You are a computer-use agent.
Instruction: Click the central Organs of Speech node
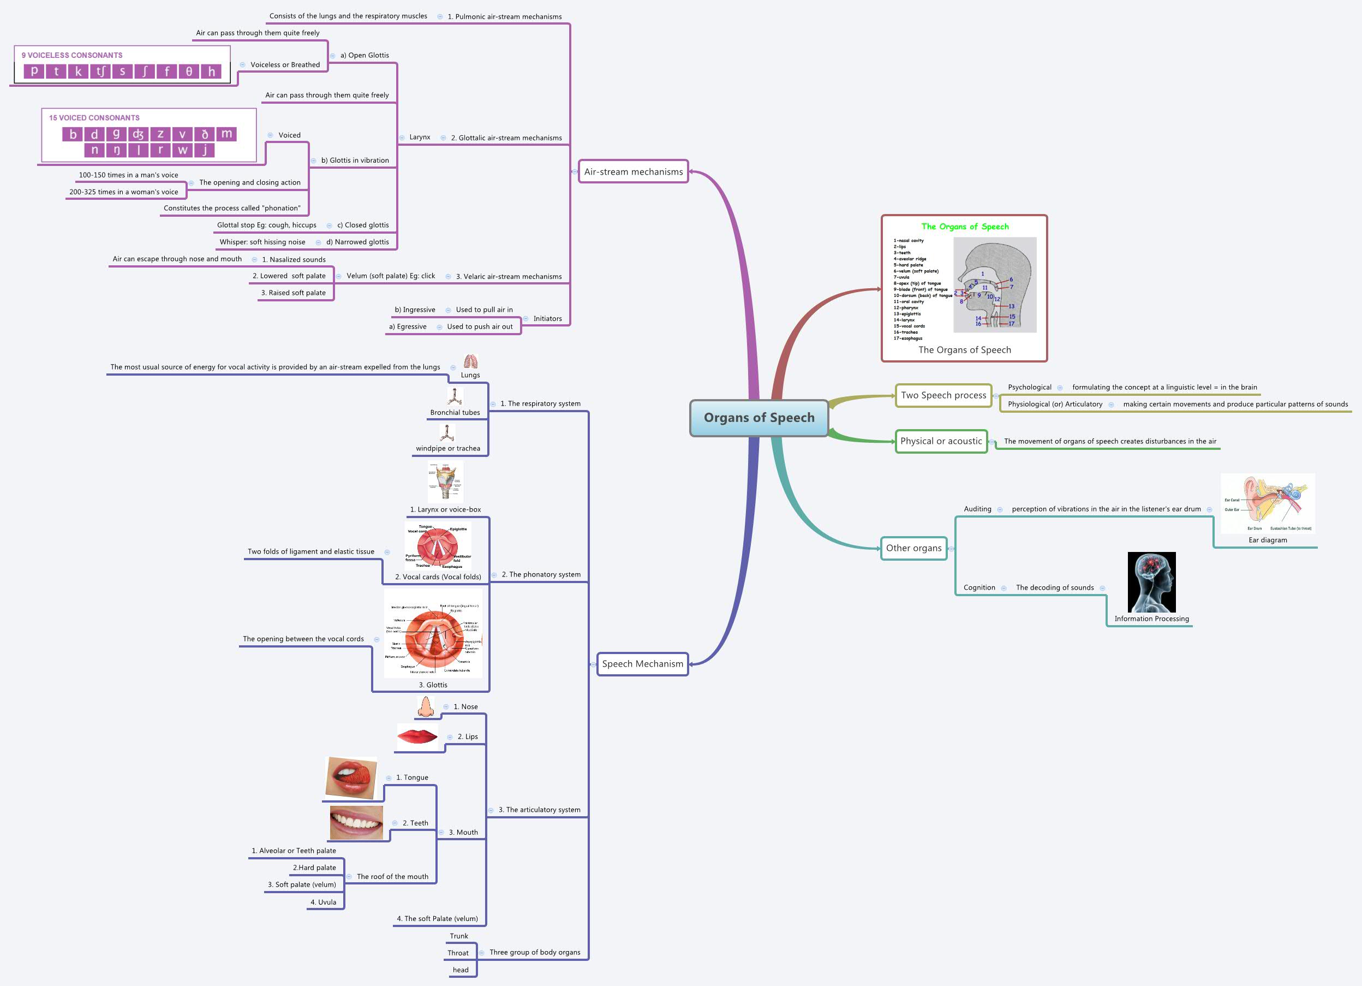(758, 418)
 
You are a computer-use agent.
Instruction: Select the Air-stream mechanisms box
(633, 172)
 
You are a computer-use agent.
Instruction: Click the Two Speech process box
(943, 395)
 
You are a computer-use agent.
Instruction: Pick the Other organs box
(913, 548)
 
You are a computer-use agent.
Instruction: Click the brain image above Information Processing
(1151, 582)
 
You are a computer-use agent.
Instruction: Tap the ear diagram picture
(1268, 503)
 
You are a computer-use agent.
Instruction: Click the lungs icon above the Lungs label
(470, 362)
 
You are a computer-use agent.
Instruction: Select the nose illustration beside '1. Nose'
(425, 707)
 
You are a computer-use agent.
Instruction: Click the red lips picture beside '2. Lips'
(417, 736)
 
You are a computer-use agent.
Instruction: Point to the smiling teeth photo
(356, 822)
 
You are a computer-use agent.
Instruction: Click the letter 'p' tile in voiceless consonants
(34, 72)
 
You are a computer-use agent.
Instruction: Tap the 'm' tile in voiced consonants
(226, 133)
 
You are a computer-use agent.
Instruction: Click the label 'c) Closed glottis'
(363, 225)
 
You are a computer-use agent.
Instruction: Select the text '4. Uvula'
(323, 902)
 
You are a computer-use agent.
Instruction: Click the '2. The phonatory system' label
(541, 574)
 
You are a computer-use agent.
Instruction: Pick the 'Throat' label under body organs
(458, 953)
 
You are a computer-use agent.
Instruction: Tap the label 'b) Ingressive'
(414, 310)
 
